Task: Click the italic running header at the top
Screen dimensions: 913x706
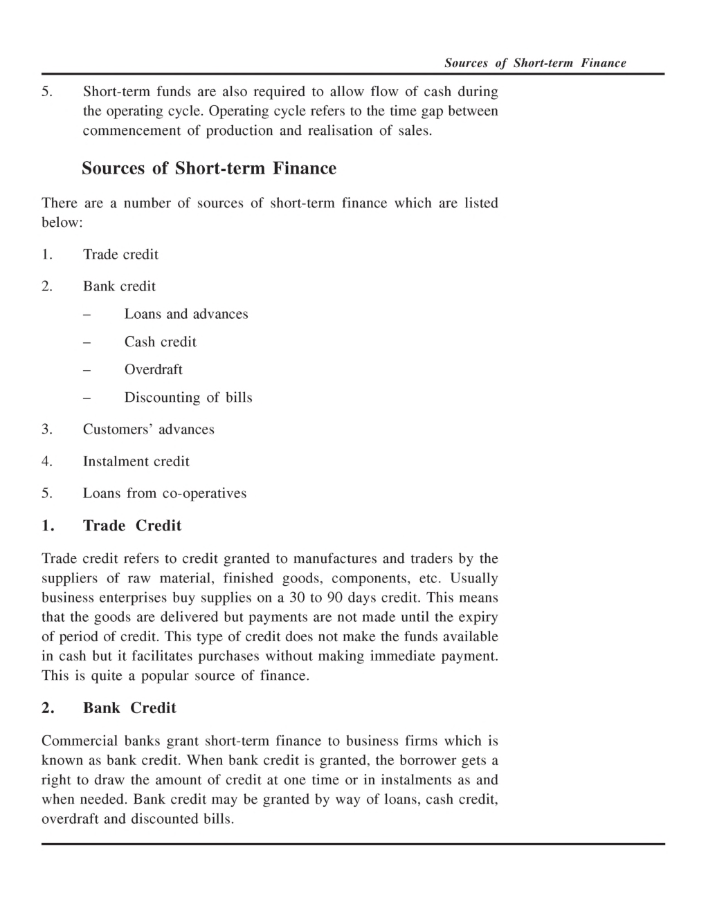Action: pos(534,64)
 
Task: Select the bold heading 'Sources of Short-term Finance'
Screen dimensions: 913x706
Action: pos(209,169)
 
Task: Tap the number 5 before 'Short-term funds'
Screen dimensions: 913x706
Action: pos(46,92)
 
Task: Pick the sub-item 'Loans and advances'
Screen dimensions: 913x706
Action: pos(185,314)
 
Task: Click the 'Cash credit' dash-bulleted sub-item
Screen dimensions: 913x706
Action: pos(160,342)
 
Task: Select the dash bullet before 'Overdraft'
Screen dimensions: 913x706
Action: pos(87,370)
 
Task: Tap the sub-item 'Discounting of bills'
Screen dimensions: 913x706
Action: pos(188,398)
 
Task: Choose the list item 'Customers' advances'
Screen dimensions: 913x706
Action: pos(148,430)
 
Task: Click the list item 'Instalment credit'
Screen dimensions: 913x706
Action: pos(136,461)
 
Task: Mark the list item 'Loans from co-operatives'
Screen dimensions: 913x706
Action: pos(164,493)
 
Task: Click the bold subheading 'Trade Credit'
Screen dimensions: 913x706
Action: pos(132,526)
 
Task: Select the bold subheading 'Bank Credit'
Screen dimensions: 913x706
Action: pos(129,708)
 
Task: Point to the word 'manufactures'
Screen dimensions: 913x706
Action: pos(336,559)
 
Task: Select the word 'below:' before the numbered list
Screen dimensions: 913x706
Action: pos(62,223)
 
